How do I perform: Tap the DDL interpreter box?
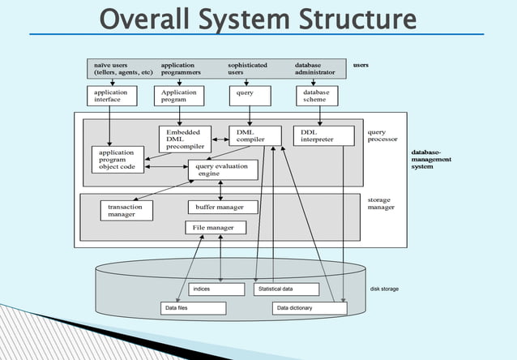323,135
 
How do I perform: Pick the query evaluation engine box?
223,169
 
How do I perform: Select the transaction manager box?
126,211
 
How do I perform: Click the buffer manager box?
222,208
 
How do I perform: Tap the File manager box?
214,228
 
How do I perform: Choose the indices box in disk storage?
216,289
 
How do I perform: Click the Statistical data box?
286,289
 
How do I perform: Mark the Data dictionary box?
310,309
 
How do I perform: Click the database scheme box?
316,96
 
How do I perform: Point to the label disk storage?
384,289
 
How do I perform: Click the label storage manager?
381,203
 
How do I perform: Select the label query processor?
382,135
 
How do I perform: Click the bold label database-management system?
432,159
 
